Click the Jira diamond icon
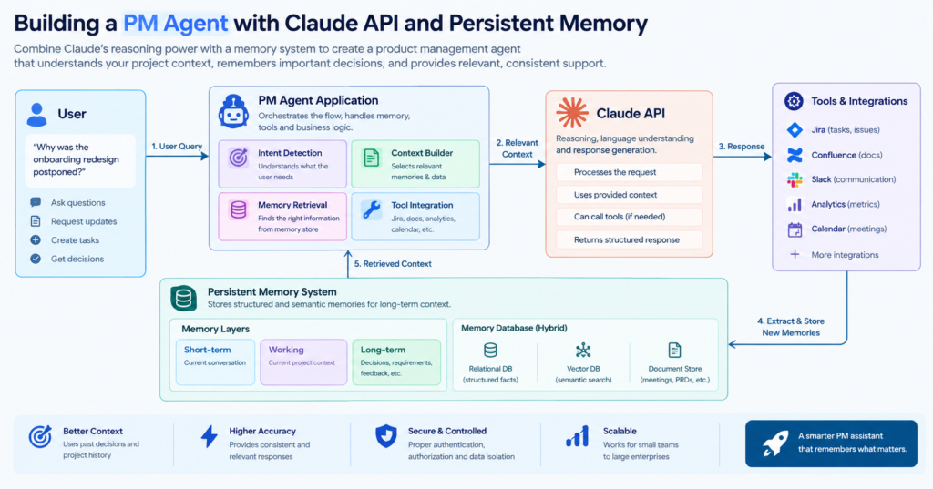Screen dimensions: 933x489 pos(795,129)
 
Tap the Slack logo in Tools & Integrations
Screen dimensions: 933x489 pos(795,179)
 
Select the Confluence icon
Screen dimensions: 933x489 pos(795,155)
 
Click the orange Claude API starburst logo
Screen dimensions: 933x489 pos(572,113)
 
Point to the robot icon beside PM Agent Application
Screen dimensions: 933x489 pos(233,111)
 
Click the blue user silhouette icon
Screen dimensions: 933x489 pos(36,114)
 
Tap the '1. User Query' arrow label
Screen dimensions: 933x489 pos(177,147)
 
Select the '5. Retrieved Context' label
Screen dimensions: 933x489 pos(393,263)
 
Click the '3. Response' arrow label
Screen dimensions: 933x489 pos(742,147)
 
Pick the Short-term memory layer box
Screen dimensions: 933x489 pos(215,362)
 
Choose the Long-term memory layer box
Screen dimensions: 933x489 pos(396,362)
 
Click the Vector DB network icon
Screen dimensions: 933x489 pos(583,351)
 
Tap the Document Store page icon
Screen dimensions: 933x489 pos(674,351)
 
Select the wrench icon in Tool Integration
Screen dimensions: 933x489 pos(372,209)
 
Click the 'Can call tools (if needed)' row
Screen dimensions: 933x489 pos(629,217)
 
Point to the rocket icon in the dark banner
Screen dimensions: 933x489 pos(775,443)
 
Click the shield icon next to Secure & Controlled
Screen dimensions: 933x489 pos(386,436)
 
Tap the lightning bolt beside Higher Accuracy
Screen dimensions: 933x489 pos(209,436)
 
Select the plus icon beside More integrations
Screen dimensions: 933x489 pos(795,255)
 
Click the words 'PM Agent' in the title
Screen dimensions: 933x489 pos(176,24)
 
